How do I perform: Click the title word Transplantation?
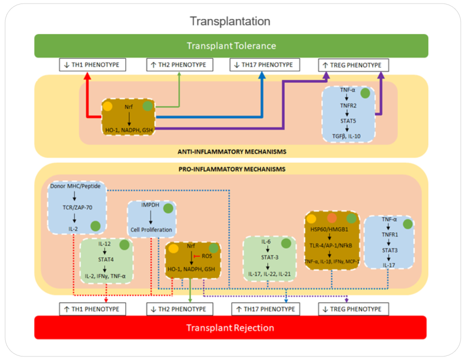[x=230, y=21]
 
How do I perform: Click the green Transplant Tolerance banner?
[x=231, y=46]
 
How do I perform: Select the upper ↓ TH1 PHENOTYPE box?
[x=92, y=65]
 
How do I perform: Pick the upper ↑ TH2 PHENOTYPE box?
[x=178, y=65]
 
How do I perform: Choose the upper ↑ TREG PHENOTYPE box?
[x=353, y=65]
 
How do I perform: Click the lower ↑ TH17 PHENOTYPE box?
[x=265, y=309]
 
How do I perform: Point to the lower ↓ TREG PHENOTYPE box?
[x=353, y=309]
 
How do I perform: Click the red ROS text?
[x=206, y=256]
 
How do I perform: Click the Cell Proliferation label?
[x=151, y=229]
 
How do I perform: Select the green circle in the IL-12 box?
[x=124, y=245]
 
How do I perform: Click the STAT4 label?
[x=106, y=260]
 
